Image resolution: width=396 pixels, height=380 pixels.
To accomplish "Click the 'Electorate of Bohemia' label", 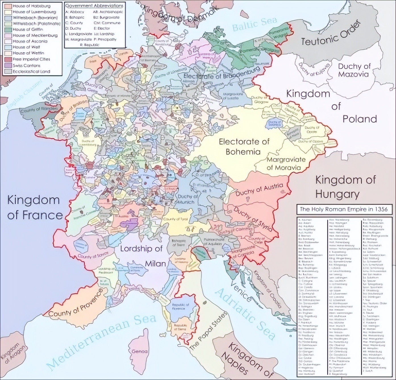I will pyautogui.click(x=244, y=146).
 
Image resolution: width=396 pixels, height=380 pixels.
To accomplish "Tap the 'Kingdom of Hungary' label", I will pyautogui.click(x=345, y=187).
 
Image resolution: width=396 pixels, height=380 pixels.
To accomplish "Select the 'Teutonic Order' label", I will pyautogui.click(x=331, y=33).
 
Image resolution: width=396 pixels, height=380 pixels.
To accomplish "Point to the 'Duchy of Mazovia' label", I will pyautogui.click(x=354, y=70).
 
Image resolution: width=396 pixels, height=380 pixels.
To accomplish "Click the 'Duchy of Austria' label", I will pyautogui.click(x=259, y=189).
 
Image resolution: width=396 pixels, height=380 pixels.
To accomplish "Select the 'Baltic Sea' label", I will pyautogui.click(x=254, y=24).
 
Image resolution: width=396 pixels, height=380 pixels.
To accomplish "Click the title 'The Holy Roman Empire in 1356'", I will pyautogui.click(x=343, y=209).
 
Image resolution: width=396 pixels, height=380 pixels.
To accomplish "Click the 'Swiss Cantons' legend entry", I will pyautogui.click(x=26, y=65).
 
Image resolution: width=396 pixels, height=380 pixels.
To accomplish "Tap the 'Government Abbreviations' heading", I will pyautogui.click(x=94, y=6).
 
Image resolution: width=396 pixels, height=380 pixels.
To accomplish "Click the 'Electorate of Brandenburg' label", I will pyautogui.click(x=222, y=75).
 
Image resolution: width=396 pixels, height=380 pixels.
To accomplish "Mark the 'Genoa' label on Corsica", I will pyautogui.click(x=139, y=352).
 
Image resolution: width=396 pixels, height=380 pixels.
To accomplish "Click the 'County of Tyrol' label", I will pyautogui.click(x=176, y=219).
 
